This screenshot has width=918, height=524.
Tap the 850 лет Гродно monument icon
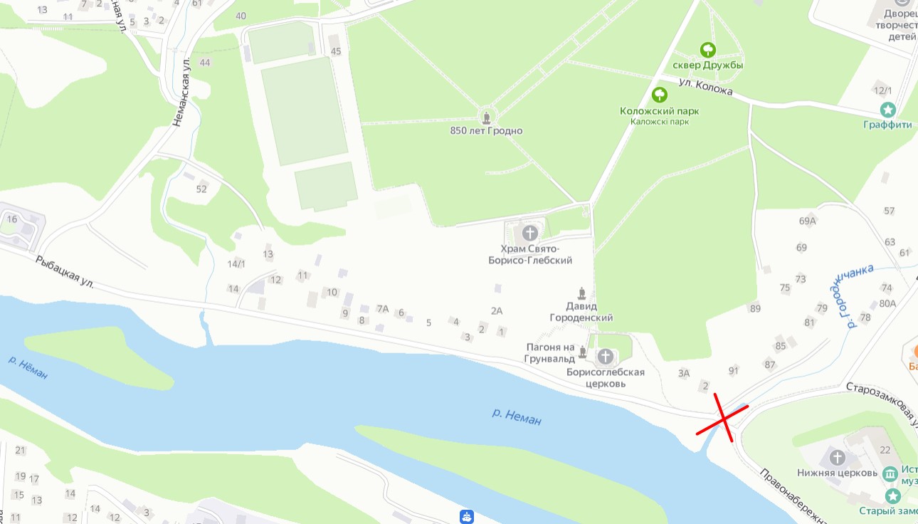(x=487, y=117)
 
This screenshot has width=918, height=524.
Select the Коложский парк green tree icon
(x=660, y=95)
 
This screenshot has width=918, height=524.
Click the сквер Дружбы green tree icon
(x=708, y=50)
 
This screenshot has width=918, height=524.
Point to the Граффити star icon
(x=887, y=110)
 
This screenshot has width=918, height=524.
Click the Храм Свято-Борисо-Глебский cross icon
(x=529, y=233)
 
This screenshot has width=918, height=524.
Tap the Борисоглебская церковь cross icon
(x=606, y=356)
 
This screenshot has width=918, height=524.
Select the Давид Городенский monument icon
(x=582, y=293)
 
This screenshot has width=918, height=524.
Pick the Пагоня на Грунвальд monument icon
(x=582, y=352)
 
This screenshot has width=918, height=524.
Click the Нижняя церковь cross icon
(x=838, y=457)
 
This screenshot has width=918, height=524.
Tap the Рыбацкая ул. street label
(x=65, y=272)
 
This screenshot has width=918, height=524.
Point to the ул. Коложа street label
(x=705, y=88)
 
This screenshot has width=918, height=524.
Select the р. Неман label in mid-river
(x=517, y=416)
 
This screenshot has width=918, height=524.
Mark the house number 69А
(x=807, y=221)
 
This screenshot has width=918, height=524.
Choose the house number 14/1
(x=236, y=264)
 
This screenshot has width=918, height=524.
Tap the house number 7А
(x=383, y=309)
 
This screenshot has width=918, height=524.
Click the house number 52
(x=201, y=189)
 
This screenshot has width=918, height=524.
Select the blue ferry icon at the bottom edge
(x=466, y=517)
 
